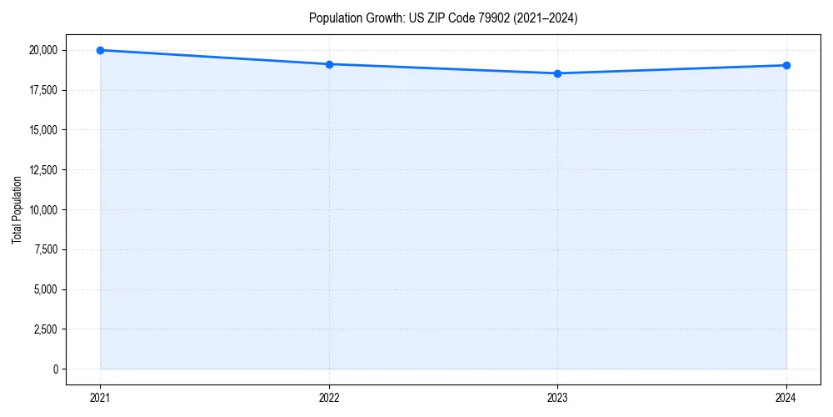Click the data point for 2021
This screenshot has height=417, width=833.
click(100, 50)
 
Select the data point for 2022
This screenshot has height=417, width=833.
click(329, 64)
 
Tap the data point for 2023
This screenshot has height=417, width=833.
click(557, 73)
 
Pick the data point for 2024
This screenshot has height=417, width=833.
click(786, 65)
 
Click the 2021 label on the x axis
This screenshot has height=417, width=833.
click(100, 398)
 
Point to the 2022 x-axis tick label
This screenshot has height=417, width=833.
click(329, 398)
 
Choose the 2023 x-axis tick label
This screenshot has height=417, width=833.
click(557, 398)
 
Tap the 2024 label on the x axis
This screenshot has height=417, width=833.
click(786, 398)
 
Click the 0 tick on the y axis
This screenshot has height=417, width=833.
click(55, 369)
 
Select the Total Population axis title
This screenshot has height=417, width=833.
click(17, 209)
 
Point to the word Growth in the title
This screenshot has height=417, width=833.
click(381, 18)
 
